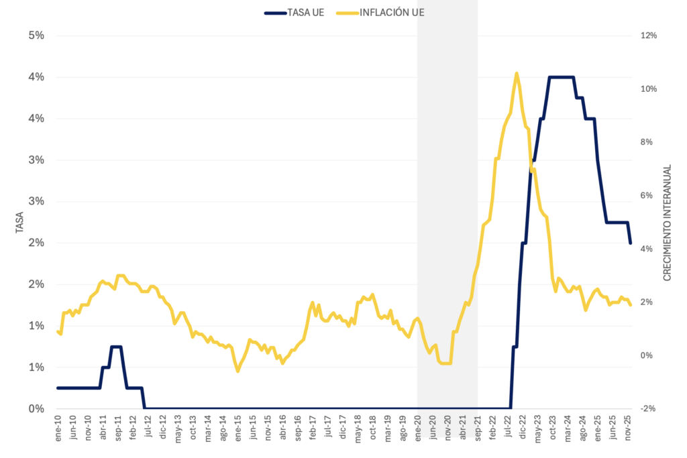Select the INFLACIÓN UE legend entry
pyautogui.click(x=392, y=13)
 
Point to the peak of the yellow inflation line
pyautogui.click(x=516, y=73)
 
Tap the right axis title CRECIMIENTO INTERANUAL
pyautogui.click(x=668, y=223)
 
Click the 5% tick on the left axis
pyautogui.click(x=36, y=36)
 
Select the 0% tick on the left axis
pyautogui.click(x=36, y=408)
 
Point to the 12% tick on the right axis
pyautogui.click(x=648, y=36)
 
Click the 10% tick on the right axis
pyautogui.click(x=648, y=89)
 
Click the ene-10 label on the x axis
pyautogui.click(x=58, y=426)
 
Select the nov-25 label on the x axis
pyautogui.click(x=629, y=426)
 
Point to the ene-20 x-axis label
pyautogui.click(x=418, y=426)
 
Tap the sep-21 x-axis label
pyautogui.click(x=478, y=426)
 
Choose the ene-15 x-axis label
pyautogui.click(x=238, y=426)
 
